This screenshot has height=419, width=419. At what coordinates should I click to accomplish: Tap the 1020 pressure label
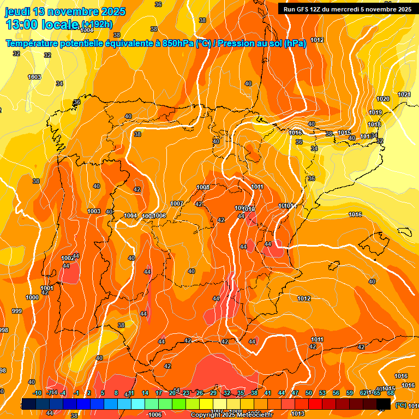(383, 99)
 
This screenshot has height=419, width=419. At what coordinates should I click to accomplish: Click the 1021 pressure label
(404, 95)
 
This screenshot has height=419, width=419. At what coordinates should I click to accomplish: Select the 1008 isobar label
(203, 187)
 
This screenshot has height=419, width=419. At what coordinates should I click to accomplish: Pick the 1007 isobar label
(177, 203)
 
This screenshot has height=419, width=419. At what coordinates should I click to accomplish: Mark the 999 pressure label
(17, 311)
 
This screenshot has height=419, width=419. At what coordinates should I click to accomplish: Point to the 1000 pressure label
(32, 297)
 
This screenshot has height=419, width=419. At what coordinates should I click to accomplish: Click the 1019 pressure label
(375, 112)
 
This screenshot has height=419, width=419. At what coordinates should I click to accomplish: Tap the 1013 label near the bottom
(298, 414)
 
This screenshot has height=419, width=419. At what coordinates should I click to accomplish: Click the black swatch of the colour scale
(384, 403)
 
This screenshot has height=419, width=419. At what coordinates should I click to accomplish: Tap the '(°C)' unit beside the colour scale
(400, 405)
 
